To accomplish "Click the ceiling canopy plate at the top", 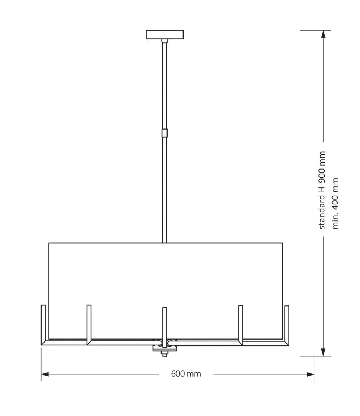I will coord(165,35).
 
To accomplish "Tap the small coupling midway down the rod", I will coord(165,133).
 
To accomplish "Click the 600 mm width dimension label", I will coord(186,374).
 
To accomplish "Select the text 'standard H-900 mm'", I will coord(322,190).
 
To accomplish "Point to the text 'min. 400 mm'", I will coord(336,203).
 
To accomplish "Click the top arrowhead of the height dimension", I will coord(323,34).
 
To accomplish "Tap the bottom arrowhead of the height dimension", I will coord(323,352).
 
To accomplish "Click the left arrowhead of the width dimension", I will coord(45,374).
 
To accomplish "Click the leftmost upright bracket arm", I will coord(43,323).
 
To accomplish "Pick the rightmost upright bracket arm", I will coord(286,323).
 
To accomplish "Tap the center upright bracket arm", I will coord(165,323).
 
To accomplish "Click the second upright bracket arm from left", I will coord(89,323).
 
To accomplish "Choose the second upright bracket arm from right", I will coord(240,323).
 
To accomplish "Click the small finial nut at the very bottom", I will coord(164,355).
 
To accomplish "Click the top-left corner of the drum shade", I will coord(49,243).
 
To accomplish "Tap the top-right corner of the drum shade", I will coord(283,243).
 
